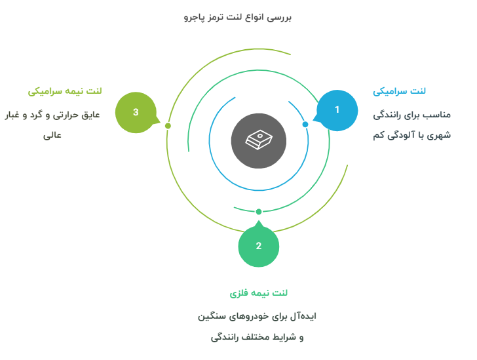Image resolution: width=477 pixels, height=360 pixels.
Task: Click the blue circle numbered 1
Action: point(337,110)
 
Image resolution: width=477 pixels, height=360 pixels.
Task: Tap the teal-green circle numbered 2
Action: point(259,246)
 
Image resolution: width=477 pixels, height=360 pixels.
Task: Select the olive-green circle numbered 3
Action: point(136,112)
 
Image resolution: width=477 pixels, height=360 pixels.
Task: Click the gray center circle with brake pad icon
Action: point(259,141)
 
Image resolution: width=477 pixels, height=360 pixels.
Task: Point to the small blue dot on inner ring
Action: point(305,125)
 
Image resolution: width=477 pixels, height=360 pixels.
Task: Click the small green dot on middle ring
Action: point(259,212)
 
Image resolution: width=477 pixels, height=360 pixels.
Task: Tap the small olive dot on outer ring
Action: point(168,126)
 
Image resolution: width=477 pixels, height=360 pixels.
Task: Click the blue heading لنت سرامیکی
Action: point(399,91)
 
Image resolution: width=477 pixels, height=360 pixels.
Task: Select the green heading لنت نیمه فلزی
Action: point(259,293)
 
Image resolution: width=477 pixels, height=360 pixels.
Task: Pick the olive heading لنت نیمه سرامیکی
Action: point(65,91)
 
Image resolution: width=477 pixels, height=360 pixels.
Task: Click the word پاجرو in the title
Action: point(194,17)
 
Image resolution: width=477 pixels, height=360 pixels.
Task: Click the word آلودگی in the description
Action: point(398,135)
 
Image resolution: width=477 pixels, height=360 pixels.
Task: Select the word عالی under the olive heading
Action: point(52,135)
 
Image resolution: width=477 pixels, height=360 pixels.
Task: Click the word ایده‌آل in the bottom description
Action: point(303,316)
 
